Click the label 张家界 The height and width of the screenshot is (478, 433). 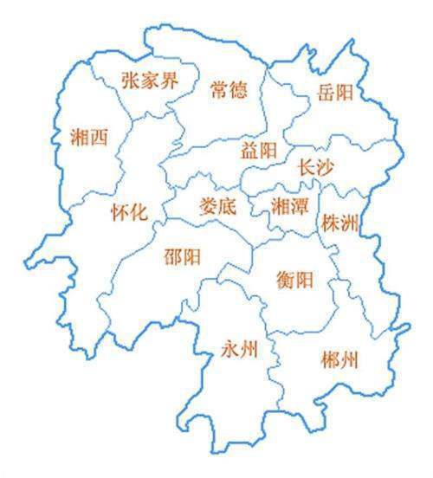pos(148,81)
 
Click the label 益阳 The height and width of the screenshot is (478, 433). pos(259,151)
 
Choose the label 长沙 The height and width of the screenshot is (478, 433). pos(315,166)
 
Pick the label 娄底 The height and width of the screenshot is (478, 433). pos(217,206)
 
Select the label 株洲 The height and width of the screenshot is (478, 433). pos(339,223)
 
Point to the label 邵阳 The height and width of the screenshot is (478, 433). pos(183,257)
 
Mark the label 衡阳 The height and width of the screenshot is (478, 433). pos(295,280)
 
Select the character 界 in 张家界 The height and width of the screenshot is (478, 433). pos(168,81)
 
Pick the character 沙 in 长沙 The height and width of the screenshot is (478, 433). pos(326,166)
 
